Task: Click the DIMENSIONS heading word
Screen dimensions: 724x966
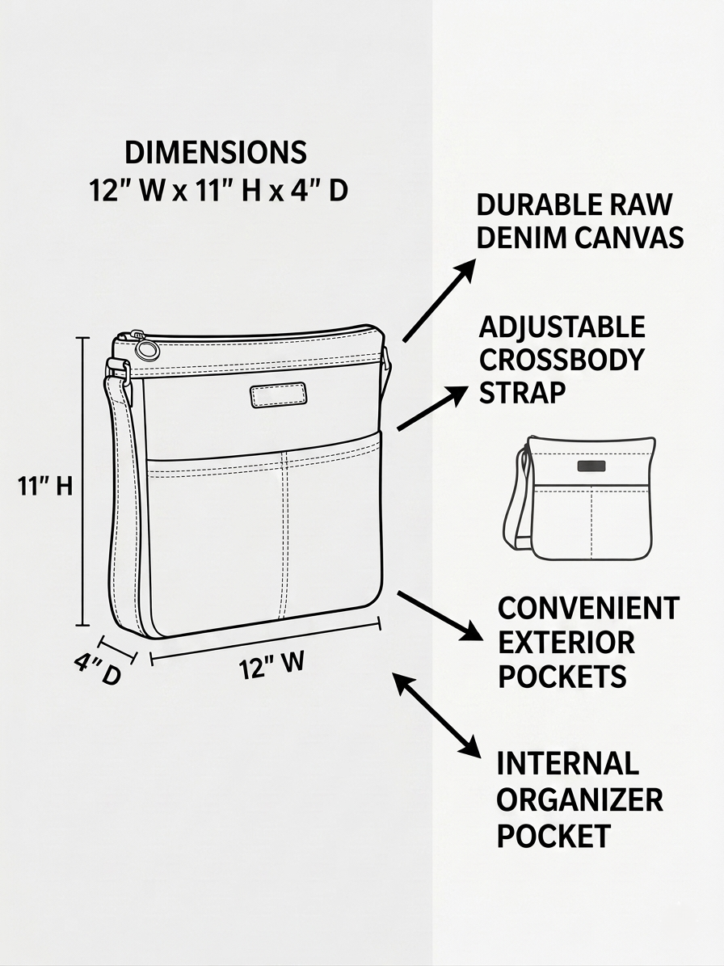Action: pos(216,153)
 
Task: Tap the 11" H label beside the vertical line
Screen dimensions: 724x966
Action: pos(45,486)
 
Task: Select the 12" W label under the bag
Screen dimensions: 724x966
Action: pos(271,665)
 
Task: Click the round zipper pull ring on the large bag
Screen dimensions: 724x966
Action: pos(147,350)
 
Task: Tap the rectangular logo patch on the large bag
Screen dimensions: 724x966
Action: pos(278,395)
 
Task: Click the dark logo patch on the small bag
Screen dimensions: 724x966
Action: pos(591,466)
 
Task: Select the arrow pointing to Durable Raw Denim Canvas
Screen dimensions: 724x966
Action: pos(439,300)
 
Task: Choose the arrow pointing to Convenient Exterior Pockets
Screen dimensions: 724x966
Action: pos(439,616)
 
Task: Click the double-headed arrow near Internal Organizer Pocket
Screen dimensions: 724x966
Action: pos(436,715)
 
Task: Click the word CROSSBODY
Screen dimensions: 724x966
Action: pos(562,360)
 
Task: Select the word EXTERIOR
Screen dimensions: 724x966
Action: pos(566,643)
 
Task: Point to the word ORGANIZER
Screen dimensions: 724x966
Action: pos(579,800)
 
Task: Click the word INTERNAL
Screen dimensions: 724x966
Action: pos(567,764)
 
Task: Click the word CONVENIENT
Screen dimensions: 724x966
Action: pos(588,608)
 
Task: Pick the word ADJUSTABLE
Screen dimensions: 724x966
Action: pos(562,327)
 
